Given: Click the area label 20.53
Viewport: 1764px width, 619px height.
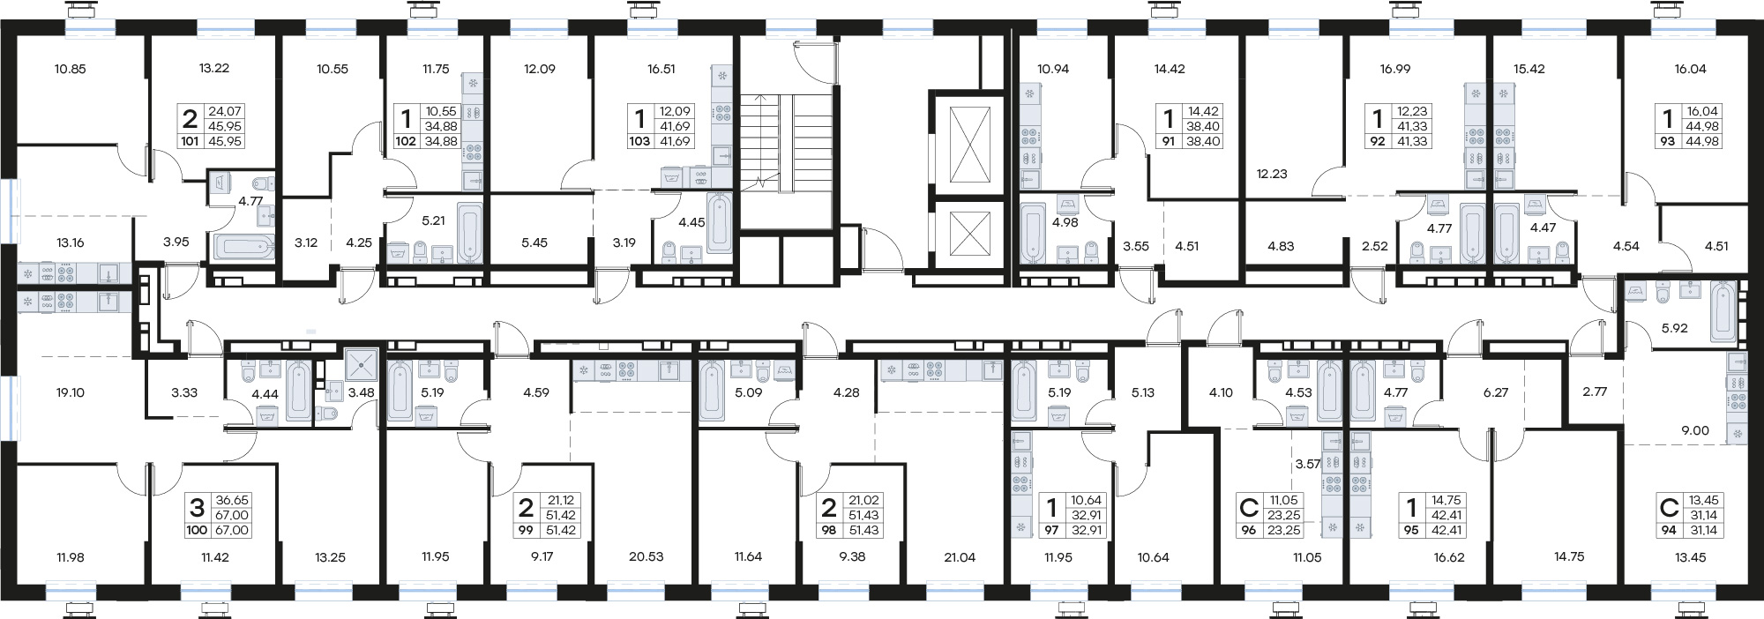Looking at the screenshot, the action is [x=646, y=556].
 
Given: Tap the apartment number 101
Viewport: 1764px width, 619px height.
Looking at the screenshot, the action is [x=190, y=141].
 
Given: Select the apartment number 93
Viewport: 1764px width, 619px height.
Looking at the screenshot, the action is [x=1667, y=141].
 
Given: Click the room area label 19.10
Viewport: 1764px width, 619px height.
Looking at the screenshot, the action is [x=71, y=392].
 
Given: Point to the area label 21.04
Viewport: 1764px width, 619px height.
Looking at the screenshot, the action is [x=960, y=556].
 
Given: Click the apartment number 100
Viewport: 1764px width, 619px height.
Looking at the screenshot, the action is [x=197, y=531].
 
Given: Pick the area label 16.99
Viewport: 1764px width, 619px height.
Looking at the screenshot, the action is [x=1395, y=69].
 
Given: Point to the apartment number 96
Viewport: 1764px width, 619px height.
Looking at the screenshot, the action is [x=1248, y=531].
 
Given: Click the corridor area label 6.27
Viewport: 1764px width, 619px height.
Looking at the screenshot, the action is [x=1496, y=392].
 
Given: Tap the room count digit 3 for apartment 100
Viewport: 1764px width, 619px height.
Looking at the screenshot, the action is [x=197, y=508].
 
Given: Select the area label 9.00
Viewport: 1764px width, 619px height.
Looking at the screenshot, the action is [x=1695, y=431].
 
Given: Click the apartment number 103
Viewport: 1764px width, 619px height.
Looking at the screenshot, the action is [x=639, y=141].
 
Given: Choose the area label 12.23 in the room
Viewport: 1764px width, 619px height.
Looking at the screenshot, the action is [x=1272, y=174].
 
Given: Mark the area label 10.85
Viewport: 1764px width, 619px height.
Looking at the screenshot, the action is [x=70, y=69].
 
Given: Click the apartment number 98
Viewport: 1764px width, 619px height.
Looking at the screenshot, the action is [x=828, y=531].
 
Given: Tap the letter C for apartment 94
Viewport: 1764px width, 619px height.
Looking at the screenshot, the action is [x=1669, y=508].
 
